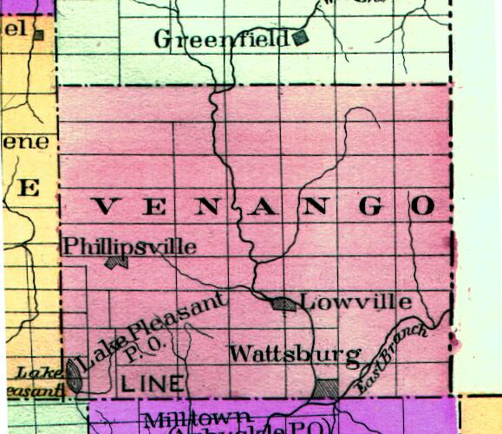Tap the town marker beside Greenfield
300,36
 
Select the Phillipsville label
131,247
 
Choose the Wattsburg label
295,353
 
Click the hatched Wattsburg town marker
326,388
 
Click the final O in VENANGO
422,205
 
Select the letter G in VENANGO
370,205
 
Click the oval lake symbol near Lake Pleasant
75,375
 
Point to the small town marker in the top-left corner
38,35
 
